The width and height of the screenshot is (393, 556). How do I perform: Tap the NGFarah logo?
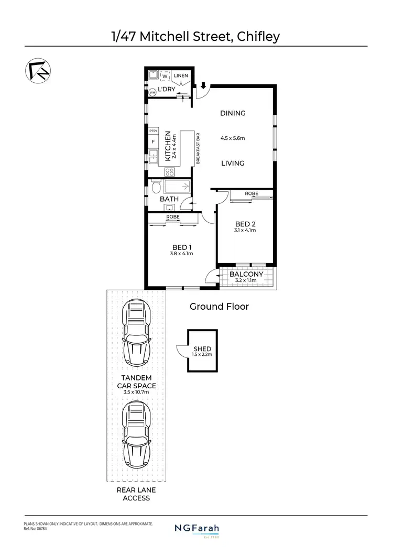(196, 529)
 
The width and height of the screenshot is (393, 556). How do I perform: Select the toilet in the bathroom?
(156, 187)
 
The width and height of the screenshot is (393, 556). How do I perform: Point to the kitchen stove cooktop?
(170, 171)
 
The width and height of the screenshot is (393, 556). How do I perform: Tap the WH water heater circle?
(152, 92)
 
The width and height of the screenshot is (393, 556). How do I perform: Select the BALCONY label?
(247, 274)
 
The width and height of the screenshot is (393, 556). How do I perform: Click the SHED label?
(202, 349)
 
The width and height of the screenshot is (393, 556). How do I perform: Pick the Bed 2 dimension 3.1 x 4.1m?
(245, 230)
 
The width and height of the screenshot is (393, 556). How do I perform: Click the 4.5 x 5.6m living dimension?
(233, 138)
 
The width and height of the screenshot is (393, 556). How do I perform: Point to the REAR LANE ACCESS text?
(136, 494)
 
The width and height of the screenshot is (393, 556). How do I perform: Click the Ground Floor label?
(219, 307)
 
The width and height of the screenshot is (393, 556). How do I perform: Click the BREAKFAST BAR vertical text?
(198, 148)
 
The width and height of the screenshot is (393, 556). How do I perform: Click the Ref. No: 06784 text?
(36, 529)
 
